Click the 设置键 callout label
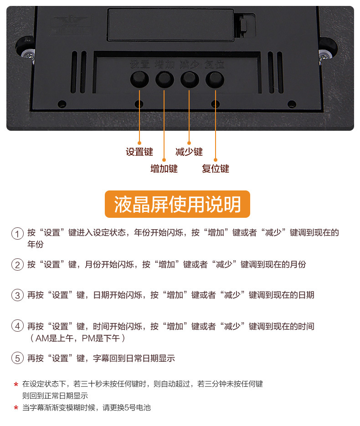[x=139, y=152]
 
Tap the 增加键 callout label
[x=164, y=169]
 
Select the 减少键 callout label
[x=189, y=152]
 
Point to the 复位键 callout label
[x=216, y=169]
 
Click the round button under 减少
[x=190, y=80]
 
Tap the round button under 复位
[x=215, y=80]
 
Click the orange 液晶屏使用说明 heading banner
[x=177, y=204]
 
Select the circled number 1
[x=17, y=233]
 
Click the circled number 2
[x=17, y=265]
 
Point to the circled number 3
[x=17, y=295]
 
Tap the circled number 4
[x=17, y=327]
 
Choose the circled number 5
[x=17, y=359]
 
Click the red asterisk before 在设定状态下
[x=16, y=385]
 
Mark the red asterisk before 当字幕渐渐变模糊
[x=16, y=408]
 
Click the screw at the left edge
[x=28, y=55]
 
